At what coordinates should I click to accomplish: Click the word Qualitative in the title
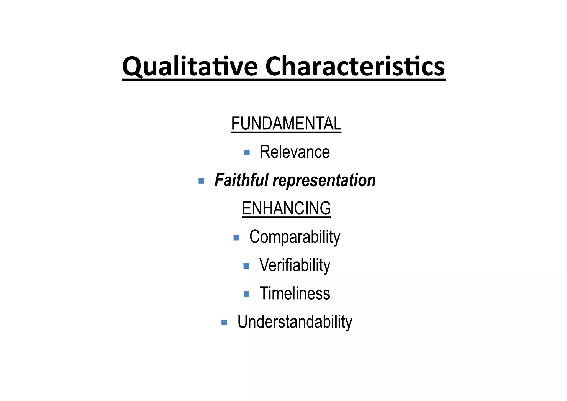[x=190, y=67]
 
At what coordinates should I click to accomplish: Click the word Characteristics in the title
[x=355, y=67]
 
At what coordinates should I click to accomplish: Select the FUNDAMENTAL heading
[x=286, y=124]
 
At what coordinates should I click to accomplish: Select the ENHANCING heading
[x=286, y=208]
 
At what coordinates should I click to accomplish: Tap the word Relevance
[x=295, y=152]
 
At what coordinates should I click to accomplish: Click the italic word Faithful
[x=241, y=180]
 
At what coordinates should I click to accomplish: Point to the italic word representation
[x=324, y=180]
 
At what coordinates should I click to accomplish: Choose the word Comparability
[x=295, y=237]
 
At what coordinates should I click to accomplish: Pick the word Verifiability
[x=295, y=265]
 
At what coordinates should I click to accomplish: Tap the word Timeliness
[x=295, y=293]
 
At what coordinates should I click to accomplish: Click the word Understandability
[x=295, y=322]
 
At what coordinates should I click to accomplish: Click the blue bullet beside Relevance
[x=247, y=152]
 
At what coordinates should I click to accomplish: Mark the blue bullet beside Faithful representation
[x=201, y=181]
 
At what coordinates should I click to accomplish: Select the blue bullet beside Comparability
[x=236, y=237]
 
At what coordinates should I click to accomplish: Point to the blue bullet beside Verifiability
[x=246, y=266]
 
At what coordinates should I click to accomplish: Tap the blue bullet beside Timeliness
[x=246, y=294]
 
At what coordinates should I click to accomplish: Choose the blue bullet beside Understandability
[x=224, y=322]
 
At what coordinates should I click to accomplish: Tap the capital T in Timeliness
[x=265, y=293]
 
